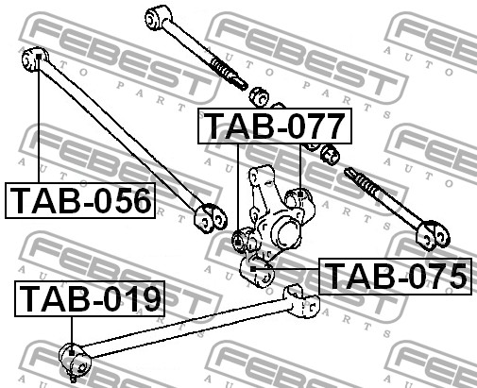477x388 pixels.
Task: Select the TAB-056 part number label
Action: coord(80,200)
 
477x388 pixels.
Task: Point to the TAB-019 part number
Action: coord(90,298)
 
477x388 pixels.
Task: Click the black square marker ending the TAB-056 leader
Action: coord(39,57)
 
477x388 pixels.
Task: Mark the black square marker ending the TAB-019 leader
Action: coord(72,353)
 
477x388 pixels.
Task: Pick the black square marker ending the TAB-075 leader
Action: coord(253,269)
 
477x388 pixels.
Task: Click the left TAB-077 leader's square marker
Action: coord(238,243)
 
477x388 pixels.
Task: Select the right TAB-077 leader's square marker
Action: coord(300,194)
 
